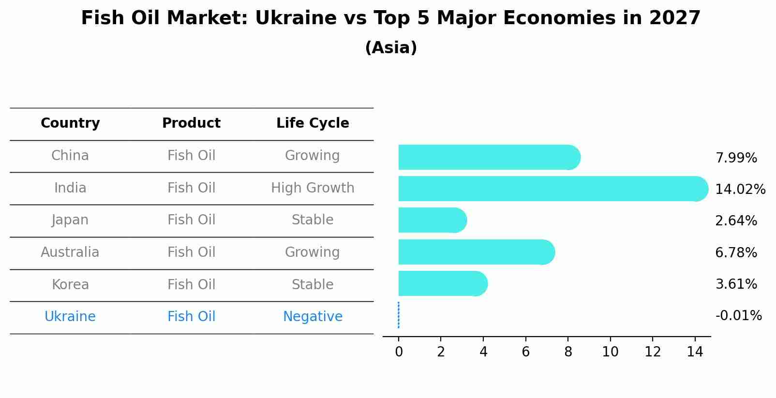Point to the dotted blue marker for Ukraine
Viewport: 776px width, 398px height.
click(x=399, y=315)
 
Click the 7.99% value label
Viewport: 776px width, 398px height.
click(x=736, y=158)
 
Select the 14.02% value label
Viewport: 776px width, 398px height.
click(x=740, y=190)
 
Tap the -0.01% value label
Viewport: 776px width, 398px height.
click(x=738, y=316)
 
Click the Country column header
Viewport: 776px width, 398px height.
click(x=70, y=123)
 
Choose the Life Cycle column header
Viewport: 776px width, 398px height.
click(x=313, y=123)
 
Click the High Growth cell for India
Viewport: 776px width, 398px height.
click(x=313, y=188)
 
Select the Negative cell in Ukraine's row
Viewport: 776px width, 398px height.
click(x=313, y=317)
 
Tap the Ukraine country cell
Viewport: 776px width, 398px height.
click(x=70, y=317)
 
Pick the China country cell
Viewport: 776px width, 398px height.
click(x=70, y=156)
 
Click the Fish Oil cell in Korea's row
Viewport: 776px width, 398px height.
click(x=191, y=284)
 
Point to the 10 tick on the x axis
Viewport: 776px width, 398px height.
click(x=610, y=352)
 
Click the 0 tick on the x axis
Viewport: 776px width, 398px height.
click(x=399, y=352)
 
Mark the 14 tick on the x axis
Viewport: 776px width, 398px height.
click(x=695, y=352)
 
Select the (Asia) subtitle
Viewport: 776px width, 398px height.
click(x=391, y=48)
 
